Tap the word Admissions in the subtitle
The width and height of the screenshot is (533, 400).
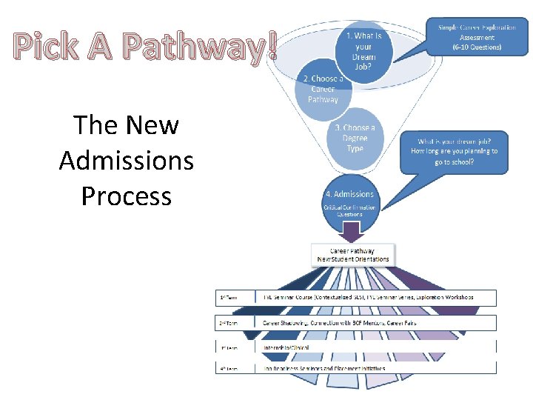tap(126, 160)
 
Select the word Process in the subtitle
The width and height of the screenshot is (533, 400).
tap(126, 196)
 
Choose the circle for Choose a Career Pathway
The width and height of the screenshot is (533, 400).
tap(322, 90)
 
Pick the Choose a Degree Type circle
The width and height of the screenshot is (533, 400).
tap(355, 139)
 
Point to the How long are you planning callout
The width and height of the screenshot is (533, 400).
tap(455, 151)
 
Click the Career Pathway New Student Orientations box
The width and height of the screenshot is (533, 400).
tap(352, 255)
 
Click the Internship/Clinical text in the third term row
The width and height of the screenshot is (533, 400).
tap(286, 347)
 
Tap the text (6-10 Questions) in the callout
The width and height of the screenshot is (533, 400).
tap(477, 47)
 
